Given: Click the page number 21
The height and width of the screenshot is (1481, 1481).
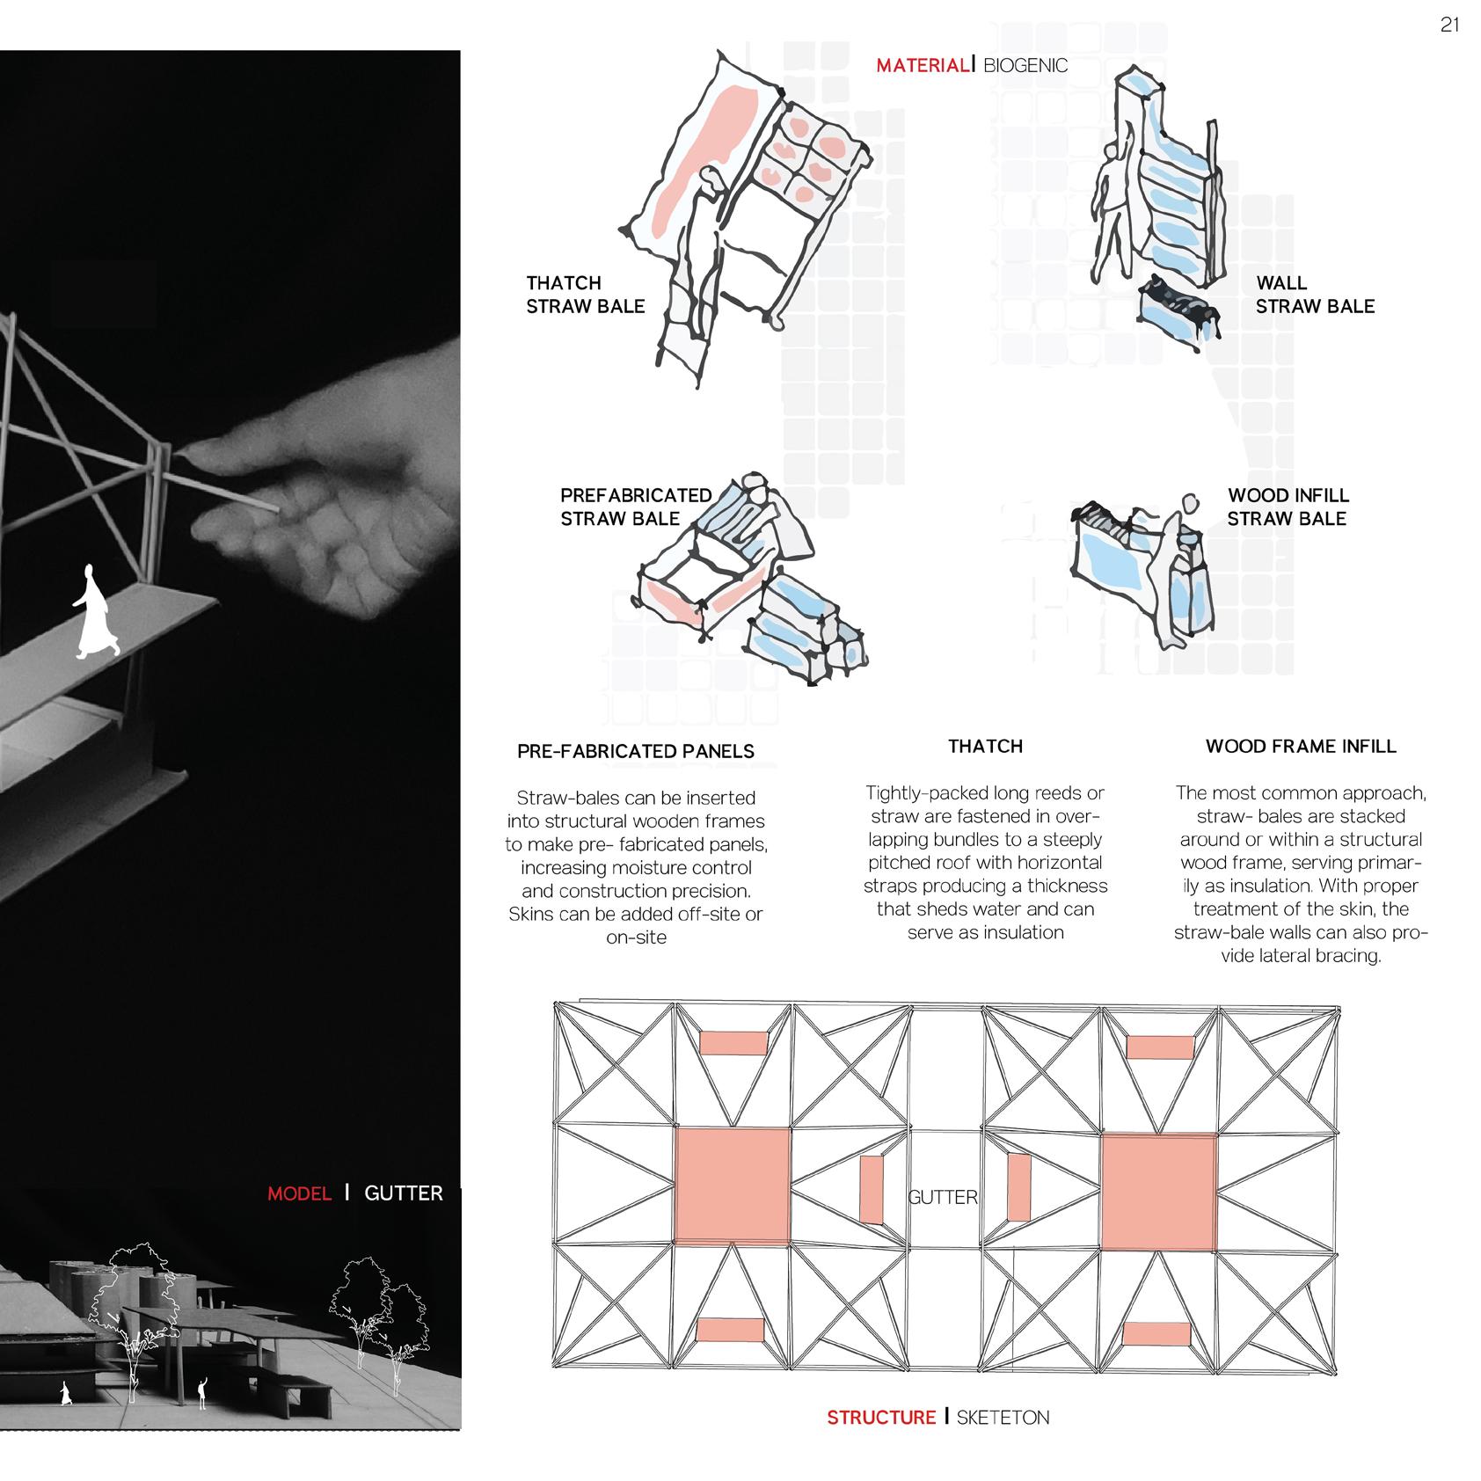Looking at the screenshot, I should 1449,26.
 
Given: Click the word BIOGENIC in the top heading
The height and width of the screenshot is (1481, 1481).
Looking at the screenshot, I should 1025,65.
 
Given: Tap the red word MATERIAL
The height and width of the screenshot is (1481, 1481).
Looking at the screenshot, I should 923,65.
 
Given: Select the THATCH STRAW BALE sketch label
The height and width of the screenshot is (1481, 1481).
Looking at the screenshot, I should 585,295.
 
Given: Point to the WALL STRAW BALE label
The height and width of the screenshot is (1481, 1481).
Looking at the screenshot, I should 1314,295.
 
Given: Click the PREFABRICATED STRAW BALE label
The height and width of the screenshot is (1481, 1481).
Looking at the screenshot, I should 636,507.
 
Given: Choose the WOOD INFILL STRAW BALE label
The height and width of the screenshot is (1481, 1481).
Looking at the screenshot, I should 1288,507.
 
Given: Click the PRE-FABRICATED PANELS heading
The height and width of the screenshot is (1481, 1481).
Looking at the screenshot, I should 636,751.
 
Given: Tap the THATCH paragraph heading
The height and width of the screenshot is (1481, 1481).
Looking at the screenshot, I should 985,746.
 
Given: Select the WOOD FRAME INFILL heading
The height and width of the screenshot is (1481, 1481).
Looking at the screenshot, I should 1301,746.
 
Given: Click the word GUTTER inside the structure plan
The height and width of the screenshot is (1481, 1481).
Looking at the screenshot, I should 942,1197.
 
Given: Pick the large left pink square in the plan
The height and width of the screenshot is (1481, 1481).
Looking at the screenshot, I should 732,1186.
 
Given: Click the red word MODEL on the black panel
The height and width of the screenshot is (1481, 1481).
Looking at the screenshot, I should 300,1193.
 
